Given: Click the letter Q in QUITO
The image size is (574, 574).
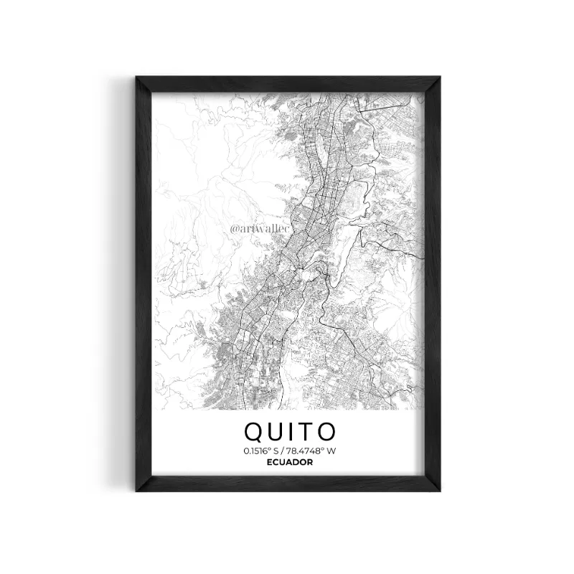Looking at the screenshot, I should (x=255, y=431).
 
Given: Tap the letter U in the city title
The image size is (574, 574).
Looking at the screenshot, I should (x=278, y=431).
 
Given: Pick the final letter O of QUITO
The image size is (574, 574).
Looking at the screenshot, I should (x=327, y=431).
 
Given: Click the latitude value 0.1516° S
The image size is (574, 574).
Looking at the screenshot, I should (x=261, y=451).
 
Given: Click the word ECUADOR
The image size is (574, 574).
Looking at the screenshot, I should (x=289, y=462).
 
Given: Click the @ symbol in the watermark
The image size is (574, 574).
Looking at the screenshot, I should (x=234, y=230).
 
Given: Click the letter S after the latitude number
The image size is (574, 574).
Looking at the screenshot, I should (x=276, y=451).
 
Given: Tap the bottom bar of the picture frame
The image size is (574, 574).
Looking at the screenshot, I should (x=288, y=487).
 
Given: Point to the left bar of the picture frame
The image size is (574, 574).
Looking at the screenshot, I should (x=144, y=287).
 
